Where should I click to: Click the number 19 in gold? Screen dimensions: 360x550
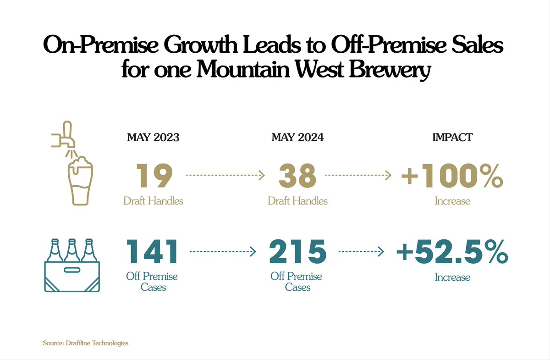click(x=153, y=176)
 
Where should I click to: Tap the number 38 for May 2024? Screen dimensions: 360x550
click(x=297, y=176)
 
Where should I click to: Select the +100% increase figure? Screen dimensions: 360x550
click(x=452, y=176)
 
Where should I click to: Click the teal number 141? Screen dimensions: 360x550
click(x=152, y=252)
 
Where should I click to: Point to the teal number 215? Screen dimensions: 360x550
click(x=297, y=252)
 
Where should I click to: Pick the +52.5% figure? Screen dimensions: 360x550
click(x=452, y=252)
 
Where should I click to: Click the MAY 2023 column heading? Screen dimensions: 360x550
click(x=153, y=138)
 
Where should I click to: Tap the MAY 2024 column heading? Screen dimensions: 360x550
click(x=297, y=138)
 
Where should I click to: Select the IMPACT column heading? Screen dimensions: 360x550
click(x=452, y=138)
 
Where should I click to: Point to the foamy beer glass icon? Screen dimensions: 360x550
click(x=81, y=181)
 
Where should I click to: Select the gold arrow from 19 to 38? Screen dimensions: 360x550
click(x=225, y=175)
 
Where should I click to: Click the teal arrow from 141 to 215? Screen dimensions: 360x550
click(x=222, y=251)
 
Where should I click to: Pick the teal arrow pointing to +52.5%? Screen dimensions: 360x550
click(x=361, y=251)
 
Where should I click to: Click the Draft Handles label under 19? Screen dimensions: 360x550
click(x=153, y=200)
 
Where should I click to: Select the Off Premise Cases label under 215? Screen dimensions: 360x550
click(x=297, y=282)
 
